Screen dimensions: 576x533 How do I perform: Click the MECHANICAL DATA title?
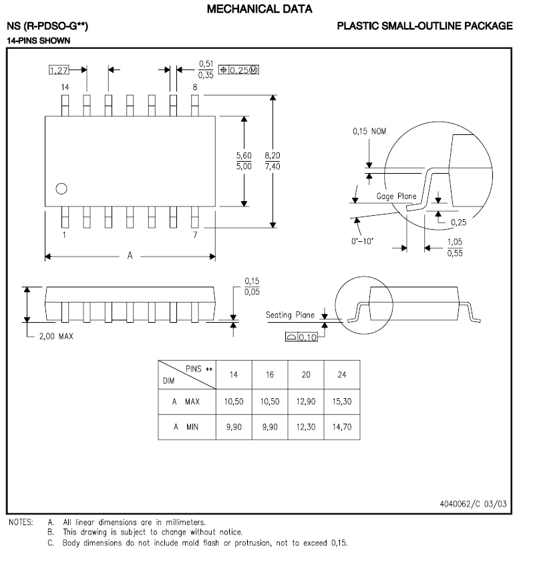(x=260, y=9)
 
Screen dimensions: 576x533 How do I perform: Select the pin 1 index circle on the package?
(x=61, y=188)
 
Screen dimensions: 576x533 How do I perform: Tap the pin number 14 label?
(x=65, y=88)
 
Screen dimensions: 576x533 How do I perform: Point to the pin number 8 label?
(x=194, y=88)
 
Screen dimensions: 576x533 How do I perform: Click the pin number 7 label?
(x=194, y=235)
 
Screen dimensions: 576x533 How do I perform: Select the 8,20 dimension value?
(x=272, y=155)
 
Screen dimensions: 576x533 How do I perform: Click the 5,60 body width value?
(x=244, y=155)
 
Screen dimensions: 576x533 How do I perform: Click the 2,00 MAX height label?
(x=56, y=336)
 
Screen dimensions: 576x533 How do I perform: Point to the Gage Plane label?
(x=396, y=196)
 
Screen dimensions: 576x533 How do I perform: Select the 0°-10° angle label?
(x=363, y=241)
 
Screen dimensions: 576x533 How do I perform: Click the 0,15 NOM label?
(x=369, y=132)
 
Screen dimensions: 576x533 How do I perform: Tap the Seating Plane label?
(x=290, y=315)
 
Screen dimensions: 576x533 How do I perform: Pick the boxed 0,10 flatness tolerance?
(x=307, y=337)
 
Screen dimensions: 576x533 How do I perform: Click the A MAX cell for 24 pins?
(x=341, y=401)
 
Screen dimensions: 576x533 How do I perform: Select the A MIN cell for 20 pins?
(x=305, y=426)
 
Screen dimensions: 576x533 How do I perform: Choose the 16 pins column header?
(x=270, y=375)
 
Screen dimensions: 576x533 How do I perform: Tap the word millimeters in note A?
(x=184, y=523)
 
